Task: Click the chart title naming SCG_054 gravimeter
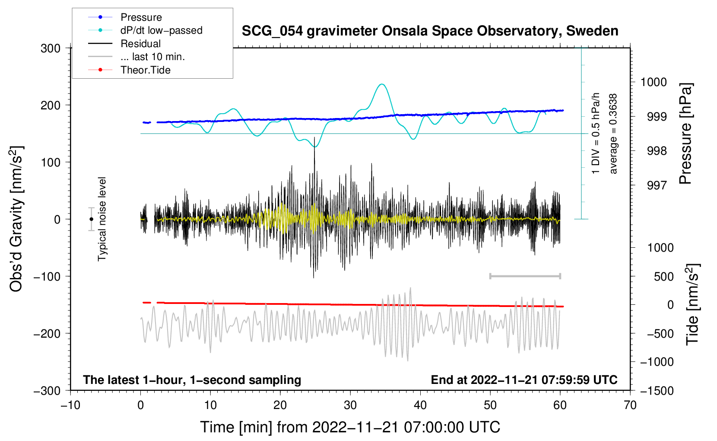coord(430,31)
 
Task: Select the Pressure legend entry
coord(141,17)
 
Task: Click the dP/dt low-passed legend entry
coord(161,30)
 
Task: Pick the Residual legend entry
coord(140,44)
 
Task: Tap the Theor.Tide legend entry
coord(145,70)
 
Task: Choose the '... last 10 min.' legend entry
coord(152,57)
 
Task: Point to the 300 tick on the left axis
coord(51,48)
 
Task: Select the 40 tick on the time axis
coord(420,405)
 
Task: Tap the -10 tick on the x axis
coord(70,405)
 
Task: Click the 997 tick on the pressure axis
coord(657,185)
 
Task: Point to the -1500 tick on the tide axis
coord(657,390)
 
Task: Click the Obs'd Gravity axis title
coord(16,219)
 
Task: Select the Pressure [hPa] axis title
coord(685,134)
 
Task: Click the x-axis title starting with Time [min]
coord(350,427)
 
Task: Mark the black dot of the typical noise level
coord(91,219)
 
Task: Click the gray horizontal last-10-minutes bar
coord(525,276)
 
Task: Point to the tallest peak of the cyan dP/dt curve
coord(381,84)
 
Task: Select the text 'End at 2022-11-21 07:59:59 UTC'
coord(524,380)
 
